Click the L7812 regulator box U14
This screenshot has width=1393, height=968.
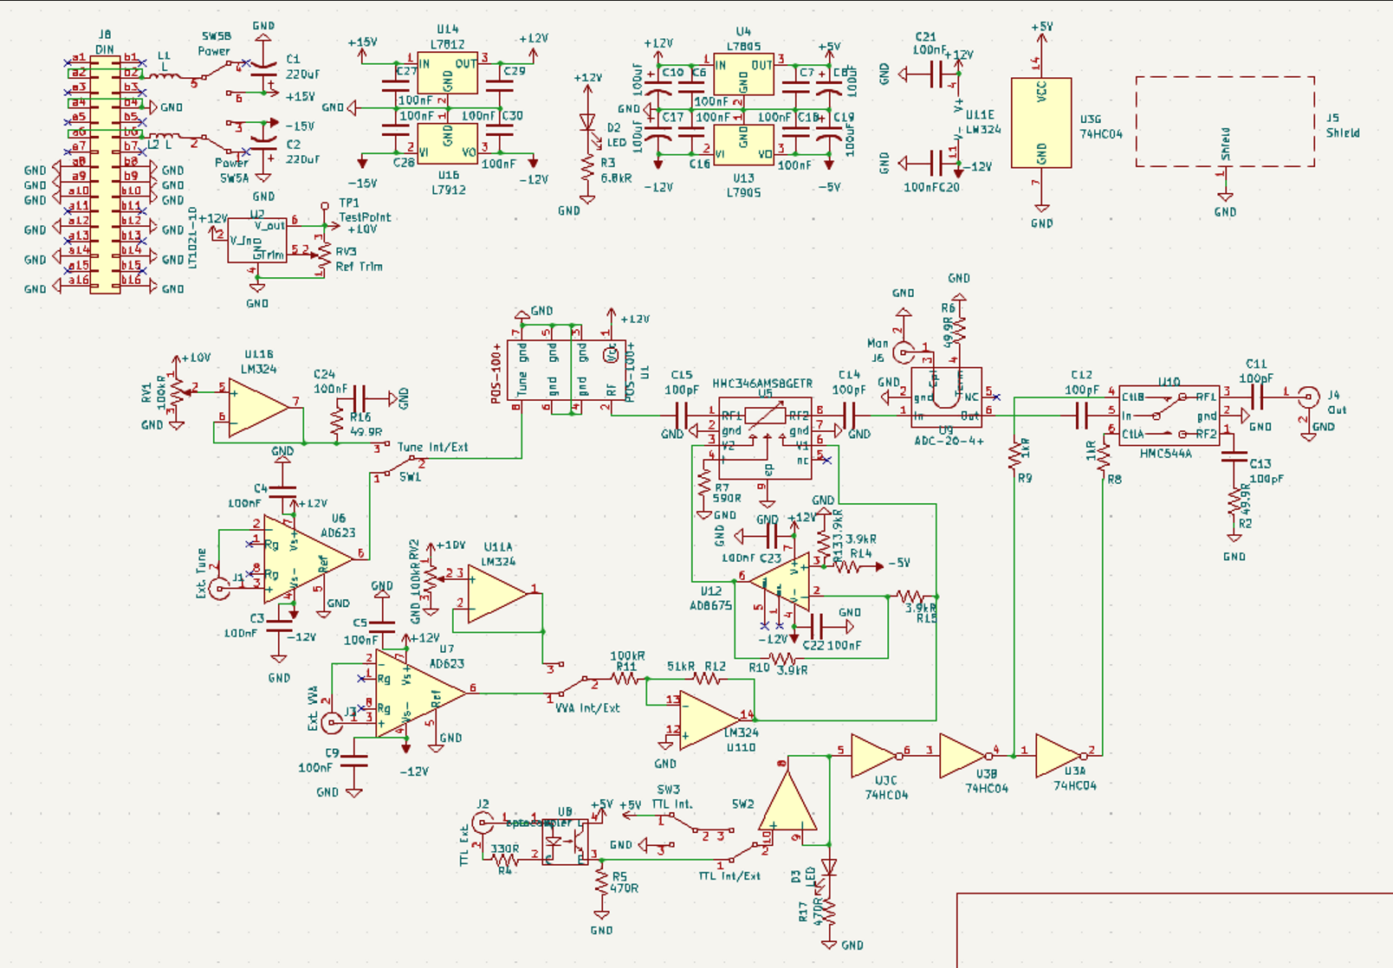(447, 74)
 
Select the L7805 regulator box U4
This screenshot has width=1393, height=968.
(743, 75)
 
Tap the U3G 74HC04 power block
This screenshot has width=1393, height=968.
(1041, 123)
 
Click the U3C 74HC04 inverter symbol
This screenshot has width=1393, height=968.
(876, 756)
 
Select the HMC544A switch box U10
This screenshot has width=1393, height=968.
(1169, 416)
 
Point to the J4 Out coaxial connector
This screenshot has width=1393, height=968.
(1308, 397)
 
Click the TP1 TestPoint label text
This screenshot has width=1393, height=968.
(364, 216)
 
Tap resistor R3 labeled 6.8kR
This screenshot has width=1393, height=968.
(587, 171)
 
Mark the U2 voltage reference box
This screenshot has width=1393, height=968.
(256, 240)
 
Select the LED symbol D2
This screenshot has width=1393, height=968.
(587, 124)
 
